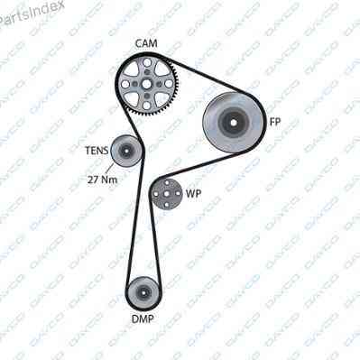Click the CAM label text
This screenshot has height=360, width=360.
click(x=146, y=43)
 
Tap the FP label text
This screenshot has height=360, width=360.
click(x=275, y=122)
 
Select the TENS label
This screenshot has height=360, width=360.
click(x=97, y=151)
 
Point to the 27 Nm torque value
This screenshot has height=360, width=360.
click(x=102, y=180)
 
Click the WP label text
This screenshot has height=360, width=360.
click(x=193, y=194)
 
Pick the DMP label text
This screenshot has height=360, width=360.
click(x=143, y=318)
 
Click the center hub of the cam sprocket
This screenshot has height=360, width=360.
click(x=146, y=84)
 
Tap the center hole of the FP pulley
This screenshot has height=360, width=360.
click(x=234, y=122)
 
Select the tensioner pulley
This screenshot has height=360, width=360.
click(x=126, y=151)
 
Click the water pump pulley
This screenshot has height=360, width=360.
click(x=167, y=194)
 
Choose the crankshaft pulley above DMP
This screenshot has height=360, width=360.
click(x=143, y=291)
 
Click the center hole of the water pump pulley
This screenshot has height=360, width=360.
click(x=167, y=194)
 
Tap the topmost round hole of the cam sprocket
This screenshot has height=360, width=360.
click(x=147, y=62)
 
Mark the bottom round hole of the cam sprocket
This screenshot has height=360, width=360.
click(x=146, y=106)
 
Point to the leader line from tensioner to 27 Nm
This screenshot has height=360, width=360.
click(x=109, y=169)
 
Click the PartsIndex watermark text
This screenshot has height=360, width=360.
click(x=30, y=14)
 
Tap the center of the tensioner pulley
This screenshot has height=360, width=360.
click(x=126, y=151)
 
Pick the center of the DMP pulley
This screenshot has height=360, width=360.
click(x=143, y=291)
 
